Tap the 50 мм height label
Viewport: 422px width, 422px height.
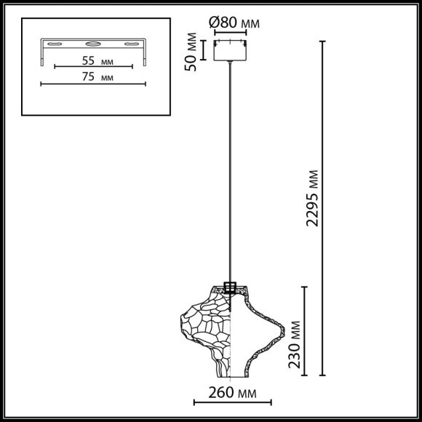[x=192, y=51]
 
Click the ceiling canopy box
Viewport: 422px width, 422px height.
[x=232, y=49]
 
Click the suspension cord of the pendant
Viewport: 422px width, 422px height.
[x=232, y=175]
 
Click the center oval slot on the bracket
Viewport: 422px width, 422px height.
[x=93, y=43]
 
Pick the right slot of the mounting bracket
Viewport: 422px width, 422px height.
[x=131, y=43]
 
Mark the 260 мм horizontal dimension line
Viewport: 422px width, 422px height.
[x=232, y=402]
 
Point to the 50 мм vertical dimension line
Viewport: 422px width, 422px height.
[x=204, y=49]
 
